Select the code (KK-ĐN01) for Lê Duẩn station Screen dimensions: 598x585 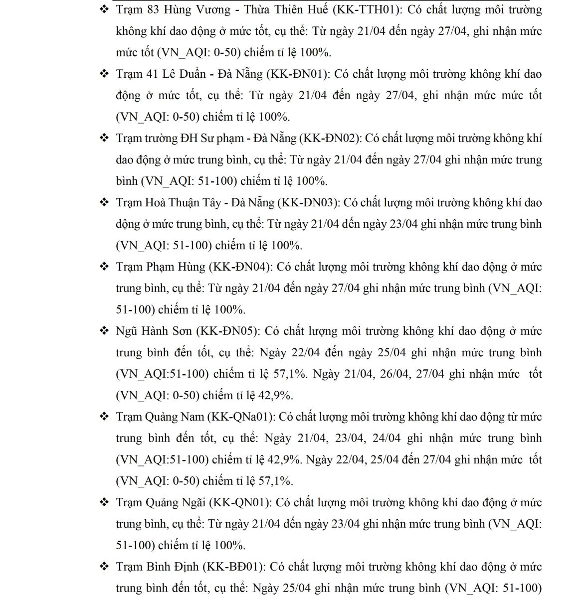point(298,74)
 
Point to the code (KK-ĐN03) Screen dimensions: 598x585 point(309,202)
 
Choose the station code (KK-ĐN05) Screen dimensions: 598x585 point(228,331)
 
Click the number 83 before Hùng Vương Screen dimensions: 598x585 point(154,9)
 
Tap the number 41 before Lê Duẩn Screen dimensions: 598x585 point(152,74)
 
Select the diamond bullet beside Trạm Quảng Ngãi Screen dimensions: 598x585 point(104,502)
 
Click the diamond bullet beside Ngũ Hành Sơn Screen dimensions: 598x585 point(104,331)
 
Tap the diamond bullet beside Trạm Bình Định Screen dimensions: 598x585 point(104,567)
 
